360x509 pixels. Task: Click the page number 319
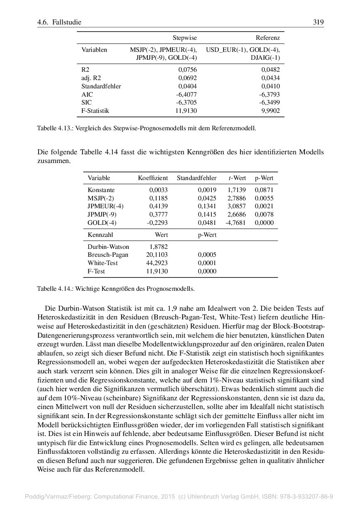pos(318,22)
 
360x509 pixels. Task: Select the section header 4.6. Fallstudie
pos(59,22)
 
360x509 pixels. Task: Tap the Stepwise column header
pos(184,38)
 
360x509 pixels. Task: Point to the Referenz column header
pos(267,38)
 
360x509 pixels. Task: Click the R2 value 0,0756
pos(187,70)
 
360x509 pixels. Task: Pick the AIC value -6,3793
pos(269,94)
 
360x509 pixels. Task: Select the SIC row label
pos(86,102)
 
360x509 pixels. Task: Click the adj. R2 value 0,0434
pos(270,78)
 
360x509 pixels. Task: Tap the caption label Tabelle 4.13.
pos(54,128)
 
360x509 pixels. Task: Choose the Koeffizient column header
pos(153,178)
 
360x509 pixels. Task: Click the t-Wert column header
pos(237,178)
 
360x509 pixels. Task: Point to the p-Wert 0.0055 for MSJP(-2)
pos(264,198)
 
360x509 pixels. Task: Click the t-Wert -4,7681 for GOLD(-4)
pos(235,222)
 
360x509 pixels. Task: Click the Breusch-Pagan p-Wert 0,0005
pos(207,255)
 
